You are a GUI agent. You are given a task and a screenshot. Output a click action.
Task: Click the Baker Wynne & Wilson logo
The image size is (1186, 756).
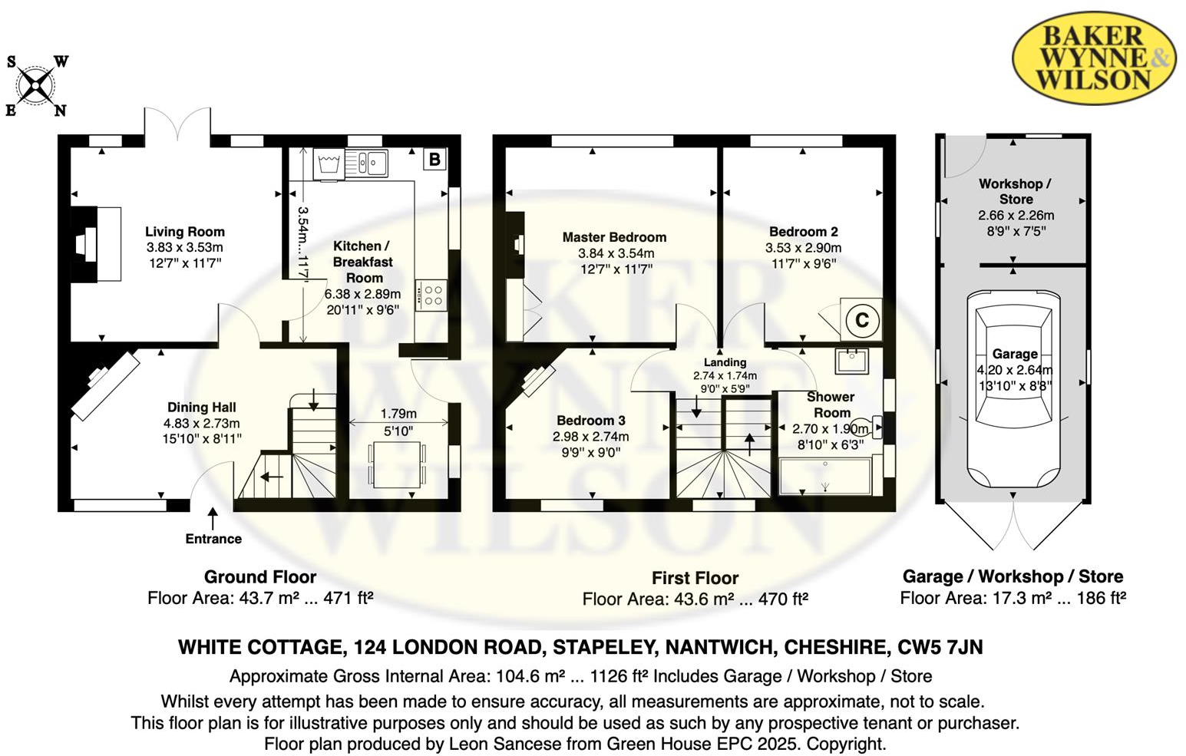coord(1093,58)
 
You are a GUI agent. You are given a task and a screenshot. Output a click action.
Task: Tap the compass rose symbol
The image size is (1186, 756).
coord(35,85)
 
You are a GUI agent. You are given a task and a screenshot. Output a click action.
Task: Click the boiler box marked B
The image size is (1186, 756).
coord(434,159)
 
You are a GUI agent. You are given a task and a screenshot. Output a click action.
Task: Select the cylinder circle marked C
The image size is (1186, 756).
coord(861,320)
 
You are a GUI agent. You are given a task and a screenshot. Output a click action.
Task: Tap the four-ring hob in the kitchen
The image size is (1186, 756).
coord(432,295)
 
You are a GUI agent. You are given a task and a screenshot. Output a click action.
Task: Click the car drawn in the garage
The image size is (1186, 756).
coord(1013,388)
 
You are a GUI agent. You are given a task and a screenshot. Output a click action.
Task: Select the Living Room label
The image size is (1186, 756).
coord(185,232)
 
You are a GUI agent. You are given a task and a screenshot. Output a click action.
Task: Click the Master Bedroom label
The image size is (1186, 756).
coord(614,237)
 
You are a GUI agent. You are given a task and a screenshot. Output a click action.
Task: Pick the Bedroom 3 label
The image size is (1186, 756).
coord(591,421)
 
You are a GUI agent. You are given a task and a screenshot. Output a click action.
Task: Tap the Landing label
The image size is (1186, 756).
coord(725,362)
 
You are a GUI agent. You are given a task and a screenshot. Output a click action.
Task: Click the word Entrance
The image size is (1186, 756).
coord(213,539)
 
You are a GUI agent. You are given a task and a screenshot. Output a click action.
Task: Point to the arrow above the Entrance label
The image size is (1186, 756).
coord(213,517)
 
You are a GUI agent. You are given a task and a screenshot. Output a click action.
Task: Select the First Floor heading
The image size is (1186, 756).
coord(695,578)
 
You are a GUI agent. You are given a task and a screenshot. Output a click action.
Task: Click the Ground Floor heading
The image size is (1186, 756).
coord(260,577)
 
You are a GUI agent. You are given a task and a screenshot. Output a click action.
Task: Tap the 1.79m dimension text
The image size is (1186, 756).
coord(399,414)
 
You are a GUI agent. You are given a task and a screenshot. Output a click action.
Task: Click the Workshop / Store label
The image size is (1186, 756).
coord(1015,191)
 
